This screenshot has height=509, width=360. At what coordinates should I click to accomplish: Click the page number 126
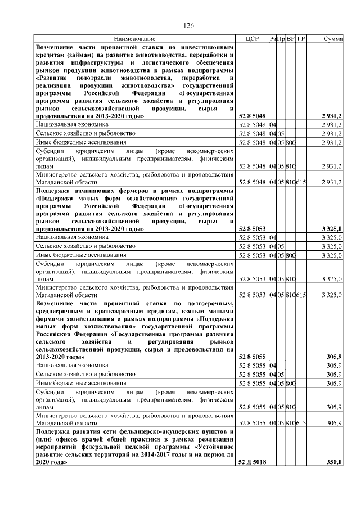point(188,25)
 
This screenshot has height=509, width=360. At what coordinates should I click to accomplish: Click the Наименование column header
point(134,39)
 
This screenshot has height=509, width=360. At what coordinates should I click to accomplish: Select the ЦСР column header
point(252,39)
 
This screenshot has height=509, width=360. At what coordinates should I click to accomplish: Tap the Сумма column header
point(334,39)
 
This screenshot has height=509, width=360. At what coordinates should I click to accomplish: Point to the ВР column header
point(291,39)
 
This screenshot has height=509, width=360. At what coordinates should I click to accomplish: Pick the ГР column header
point(301,39)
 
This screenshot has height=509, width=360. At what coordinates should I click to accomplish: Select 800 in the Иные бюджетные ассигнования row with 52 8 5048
point(291,143)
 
